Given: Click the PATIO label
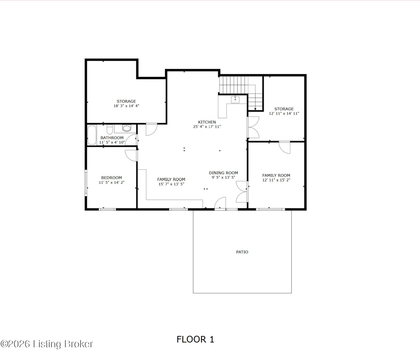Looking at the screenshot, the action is pos(242,252).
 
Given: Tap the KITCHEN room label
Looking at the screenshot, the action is pos(207,122).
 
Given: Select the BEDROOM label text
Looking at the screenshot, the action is pos(111,178).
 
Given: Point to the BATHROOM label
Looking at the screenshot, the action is pos(112,138).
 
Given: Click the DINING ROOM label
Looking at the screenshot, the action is pos(224,173).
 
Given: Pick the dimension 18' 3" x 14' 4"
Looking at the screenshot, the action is pos(126,106).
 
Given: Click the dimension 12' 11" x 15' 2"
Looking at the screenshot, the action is pos(276,180).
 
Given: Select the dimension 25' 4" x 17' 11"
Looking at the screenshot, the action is pos(207,127).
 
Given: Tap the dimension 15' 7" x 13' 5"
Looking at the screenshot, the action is pos(171,184).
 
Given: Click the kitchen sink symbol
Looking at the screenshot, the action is pos(235,99).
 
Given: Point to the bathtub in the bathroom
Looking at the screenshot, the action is pos(91,135).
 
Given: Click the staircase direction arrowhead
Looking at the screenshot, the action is pos(255,109).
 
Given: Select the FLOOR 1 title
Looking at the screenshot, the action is pos(195,340).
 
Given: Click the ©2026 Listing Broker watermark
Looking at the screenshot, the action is pos(47,344).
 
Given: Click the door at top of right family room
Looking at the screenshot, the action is pos(285,147).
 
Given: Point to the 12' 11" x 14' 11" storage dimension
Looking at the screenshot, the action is pos(284,114).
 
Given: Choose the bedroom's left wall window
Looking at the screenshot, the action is pos(86,182).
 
